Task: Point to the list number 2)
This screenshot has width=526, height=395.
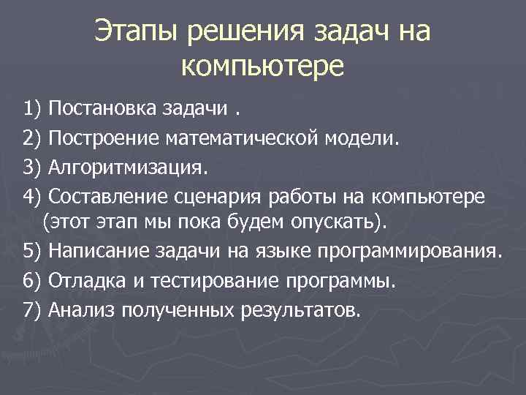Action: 34,139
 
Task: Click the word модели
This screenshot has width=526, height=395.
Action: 386,139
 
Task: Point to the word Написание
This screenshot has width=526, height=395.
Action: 99,252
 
